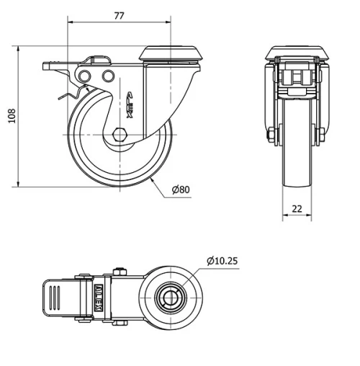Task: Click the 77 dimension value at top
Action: [x=120, y=14]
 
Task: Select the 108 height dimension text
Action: [x=10, y=117]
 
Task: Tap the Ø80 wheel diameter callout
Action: [x=180, y=189]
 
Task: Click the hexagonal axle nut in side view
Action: [x=120, y=134]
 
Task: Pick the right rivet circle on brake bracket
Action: [x=107, y=76]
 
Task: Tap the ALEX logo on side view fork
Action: [x=130, y=104]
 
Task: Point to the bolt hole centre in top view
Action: [x=171, y=297]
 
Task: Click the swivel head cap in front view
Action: [x=295, y=53]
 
